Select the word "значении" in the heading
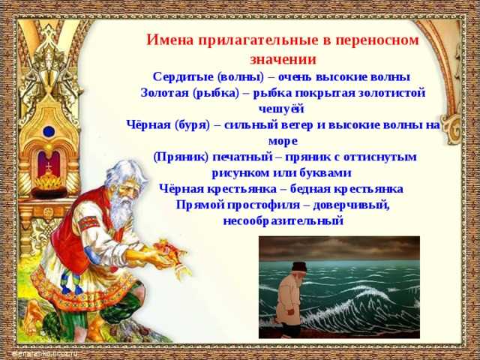(283, 59)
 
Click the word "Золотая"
(164, 93)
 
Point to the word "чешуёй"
(281, 109)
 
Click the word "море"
(283, 142)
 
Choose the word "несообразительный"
(283, 220)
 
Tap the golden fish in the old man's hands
(166, 251)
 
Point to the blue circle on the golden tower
(49, 132)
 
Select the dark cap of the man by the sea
(299, 267)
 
